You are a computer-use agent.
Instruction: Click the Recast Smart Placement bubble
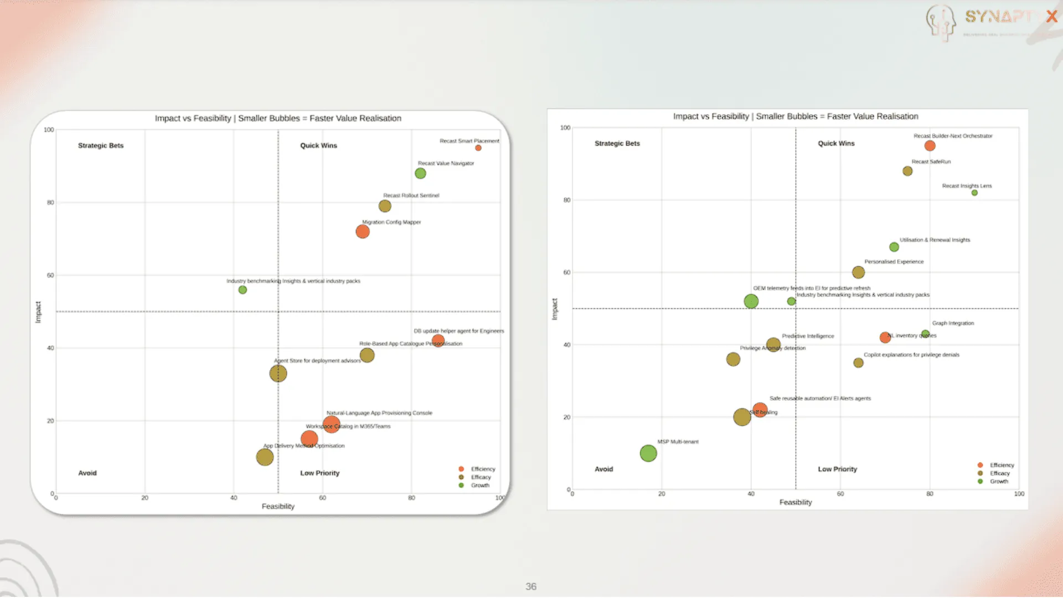click(x=478, y=148)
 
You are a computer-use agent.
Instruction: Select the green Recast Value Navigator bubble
click(x=420, y=173)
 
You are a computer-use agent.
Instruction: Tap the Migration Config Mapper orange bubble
click(x=363, y=231)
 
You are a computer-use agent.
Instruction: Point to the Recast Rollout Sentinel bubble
click(x=385, y=206)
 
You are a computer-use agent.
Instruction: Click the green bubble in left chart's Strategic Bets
click(x=242, y=290)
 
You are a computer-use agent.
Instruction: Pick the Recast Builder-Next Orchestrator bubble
click(x=930, y=146)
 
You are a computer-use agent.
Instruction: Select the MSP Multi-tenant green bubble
click(x=648, y=453)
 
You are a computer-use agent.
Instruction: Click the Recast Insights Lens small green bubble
click(x=974, y=193)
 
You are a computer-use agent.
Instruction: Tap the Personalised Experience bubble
click(x=858, y=272)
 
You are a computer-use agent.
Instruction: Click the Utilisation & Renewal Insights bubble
click(x=894, y=247)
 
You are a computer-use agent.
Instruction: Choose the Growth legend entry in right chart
click(x=999, y=482)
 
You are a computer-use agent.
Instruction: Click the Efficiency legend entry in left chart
click(x=482, y=469)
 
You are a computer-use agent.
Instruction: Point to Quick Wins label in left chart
click(x=318, y=146)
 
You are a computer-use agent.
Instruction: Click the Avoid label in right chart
click(x=603, y=469)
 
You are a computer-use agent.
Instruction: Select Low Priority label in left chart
click(x=319, y=473)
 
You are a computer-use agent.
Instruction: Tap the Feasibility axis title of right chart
click(x=795, y=502)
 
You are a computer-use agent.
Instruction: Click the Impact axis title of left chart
click(x=38, y=312)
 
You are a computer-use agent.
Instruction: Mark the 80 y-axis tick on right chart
click(x=566, y=200)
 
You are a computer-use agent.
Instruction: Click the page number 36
click(x=530, y=586)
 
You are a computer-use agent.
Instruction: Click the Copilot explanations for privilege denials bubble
click(x=858, y=363)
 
